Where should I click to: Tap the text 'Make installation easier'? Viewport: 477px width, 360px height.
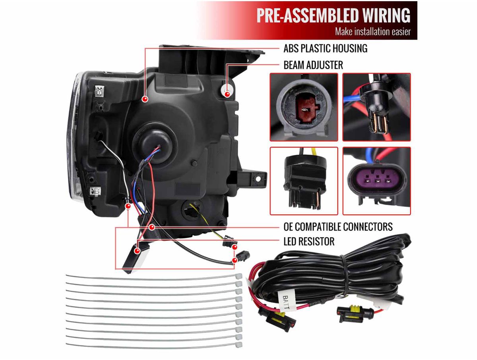click(372, 31)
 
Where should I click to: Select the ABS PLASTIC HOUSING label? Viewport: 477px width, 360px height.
click(325, 48)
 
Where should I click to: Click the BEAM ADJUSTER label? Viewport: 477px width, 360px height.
click(313, 65)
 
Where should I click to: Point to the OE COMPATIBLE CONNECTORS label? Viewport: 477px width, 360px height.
click(338, 226)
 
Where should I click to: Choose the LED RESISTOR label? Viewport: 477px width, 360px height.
click(309, 242)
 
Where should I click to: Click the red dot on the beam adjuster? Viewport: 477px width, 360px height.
click(227, 94)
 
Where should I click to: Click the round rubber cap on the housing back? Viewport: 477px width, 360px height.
click(154, 141)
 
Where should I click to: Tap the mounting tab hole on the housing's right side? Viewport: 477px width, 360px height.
click(258, 179)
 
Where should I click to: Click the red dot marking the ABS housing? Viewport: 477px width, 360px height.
click(145, 99)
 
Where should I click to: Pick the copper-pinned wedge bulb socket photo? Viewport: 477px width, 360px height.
click(376, 107)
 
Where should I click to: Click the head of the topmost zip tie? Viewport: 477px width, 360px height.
click(238, 277)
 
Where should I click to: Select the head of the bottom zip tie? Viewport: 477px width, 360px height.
click(238, 345)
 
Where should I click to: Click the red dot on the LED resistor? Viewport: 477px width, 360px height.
click(137, 251)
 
